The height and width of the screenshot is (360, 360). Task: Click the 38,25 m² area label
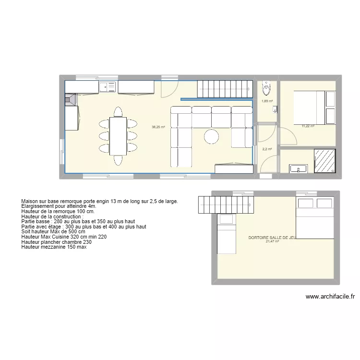pyautogui.click(x=158, y=127)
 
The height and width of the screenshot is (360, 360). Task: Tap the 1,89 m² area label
pyautogui.click(x=267, y=101)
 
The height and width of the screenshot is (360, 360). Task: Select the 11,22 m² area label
pyautogui.click(x=308, y=126)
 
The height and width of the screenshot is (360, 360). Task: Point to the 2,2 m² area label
pyautogui.click(x=267, y=149)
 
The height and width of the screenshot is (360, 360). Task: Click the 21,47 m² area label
pyautogui.click(x=273, y=241)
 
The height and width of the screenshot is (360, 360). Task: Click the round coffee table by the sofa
pyautogui.click(x=212, y=137)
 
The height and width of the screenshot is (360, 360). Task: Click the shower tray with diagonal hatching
pyautogui.click(x=325, y=161)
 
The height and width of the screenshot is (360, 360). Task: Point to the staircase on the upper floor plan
pyautogui.click(x=226, y=205)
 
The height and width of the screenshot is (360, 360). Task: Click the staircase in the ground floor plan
pyautogui.click(x=225, y=89)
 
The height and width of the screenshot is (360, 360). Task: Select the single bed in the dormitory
pyautogui.click(x=226, y=234)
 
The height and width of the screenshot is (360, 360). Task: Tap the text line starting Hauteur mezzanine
pyautogui.click(x=54, y=247)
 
